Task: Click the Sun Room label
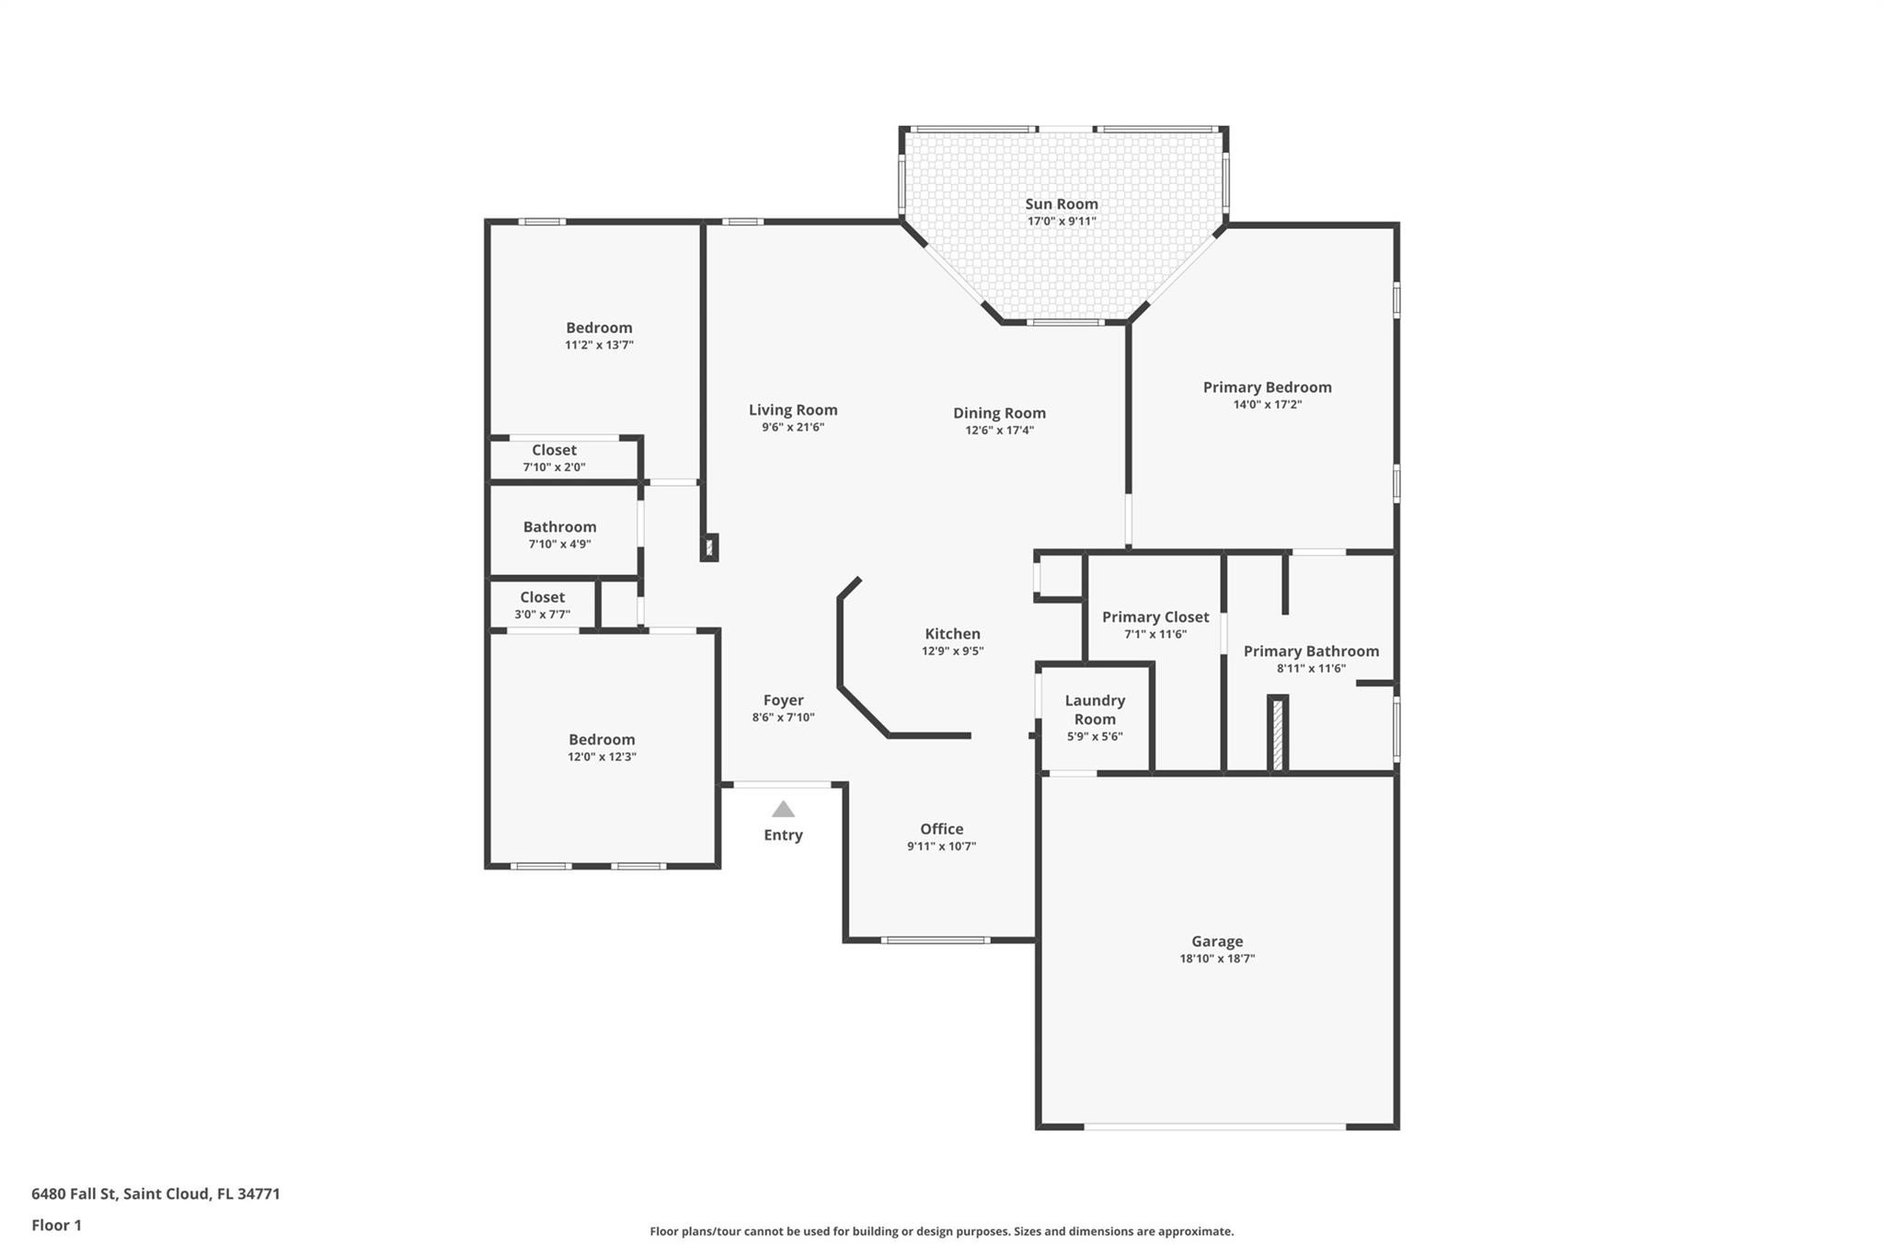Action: (1062, 204)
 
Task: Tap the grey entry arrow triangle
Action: (783, 810)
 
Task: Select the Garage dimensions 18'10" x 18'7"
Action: (1217, 959)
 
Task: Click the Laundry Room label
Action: (1095, 709)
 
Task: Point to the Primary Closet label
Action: (1155, 617)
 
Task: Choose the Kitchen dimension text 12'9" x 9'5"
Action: (952, 651)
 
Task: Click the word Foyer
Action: (783, 700)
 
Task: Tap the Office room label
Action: (941, 829)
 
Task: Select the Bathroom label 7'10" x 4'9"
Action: (559, 535)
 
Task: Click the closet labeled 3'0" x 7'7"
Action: (542, 605)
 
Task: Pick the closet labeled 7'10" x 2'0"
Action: (554, 457)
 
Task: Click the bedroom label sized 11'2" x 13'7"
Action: (599, 335)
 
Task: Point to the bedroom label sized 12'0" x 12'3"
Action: (602, 747)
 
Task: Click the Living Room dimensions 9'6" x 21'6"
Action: (792, 428)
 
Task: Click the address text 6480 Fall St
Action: (75, 1193)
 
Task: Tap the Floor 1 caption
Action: (56, 1225)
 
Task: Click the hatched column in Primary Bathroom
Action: (1277, 733)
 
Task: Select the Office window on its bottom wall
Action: (935, 939)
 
